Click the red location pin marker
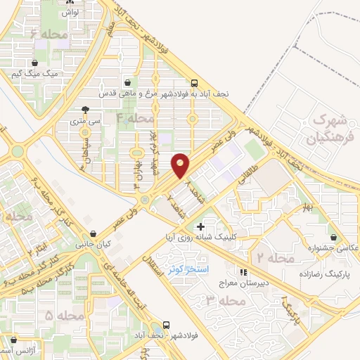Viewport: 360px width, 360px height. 181,165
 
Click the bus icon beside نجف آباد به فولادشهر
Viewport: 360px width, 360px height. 194,82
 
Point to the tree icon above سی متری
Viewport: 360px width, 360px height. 86,109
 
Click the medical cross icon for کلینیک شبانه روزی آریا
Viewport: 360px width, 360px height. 201,226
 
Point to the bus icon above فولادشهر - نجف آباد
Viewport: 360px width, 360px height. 167,325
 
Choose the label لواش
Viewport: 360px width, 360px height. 68,13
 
